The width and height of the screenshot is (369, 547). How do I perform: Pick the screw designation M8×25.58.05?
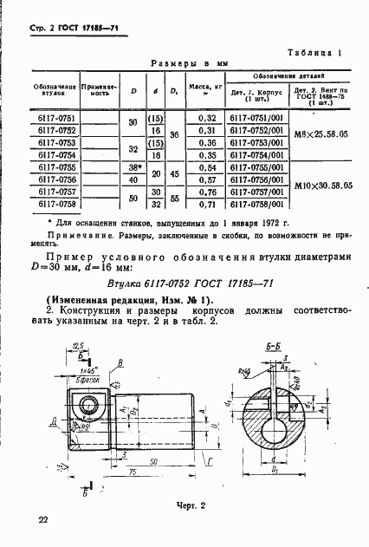[x=320, y=135]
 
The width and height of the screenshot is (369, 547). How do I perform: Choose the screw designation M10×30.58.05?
[x=320, y=186]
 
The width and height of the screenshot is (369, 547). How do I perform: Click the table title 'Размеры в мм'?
[x=188, y=64]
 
